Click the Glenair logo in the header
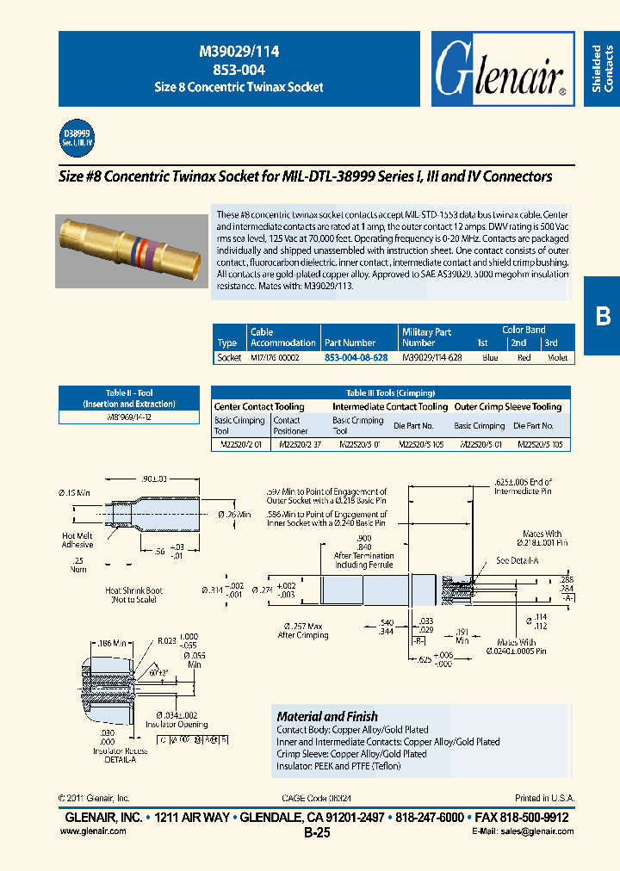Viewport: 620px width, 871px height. [x=502, y=71]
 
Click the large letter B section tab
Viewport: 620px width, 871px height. [x=602, y=316]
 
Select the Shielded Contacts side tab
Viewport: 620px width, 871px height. [x=602, y=69]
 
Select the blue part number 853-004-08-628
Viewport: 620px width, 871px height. [x=355, y=357]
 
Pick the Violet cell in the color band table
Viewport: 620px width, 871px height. [x=556, y=357]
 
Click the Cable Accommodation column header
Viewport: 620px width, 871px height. [x=282, y=337]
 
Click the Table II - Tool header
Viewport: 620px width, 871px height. [x=129, y=398]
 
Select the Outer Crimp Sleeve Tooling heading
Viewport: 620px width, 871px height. [x=507, y=406]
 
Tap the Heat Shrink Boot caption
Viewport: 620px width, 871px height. [x=134, y=596]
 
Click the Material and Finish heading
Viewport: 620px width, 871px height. [x=326, y=716]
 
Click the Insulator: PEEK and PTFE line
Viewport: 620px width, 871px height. [x=338, y=766]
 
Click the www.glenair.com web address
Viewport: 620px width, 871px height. [x=94, y=831]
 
